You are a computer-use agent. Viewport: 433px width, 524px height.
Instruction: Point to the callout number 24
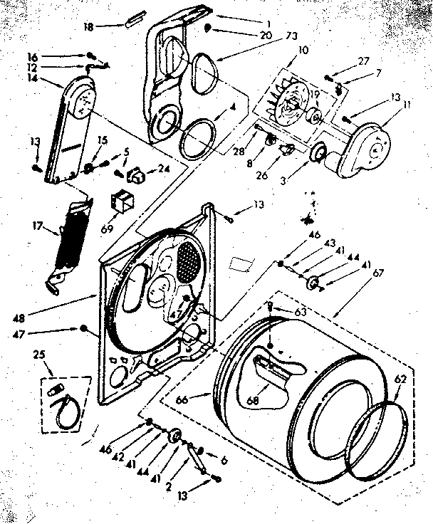click(164, 169)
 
